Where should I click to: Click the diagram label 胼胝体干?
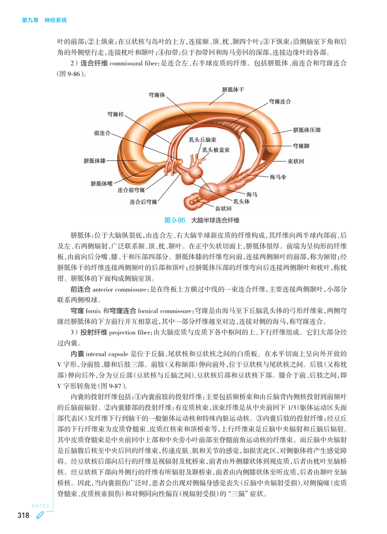tap(233, 90)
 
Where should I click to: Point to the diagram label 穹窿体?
tap(157, 94)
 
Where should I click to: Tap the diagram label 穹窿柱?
tap(116, 114)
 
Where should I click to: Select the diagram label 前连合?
tap(102, 133)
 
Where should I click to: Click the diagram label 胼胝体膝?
tap(95, 161)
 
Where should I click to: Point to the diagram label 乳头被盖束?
tap(216, 150)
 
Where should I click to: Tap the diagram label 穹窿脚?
tap(301, 146)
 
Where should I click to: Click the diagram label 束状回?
tap(296, 161)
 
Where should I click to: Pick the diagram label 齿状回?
tap(223, 208)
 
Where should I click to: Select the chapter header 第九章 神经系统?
tap(44, 20)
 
